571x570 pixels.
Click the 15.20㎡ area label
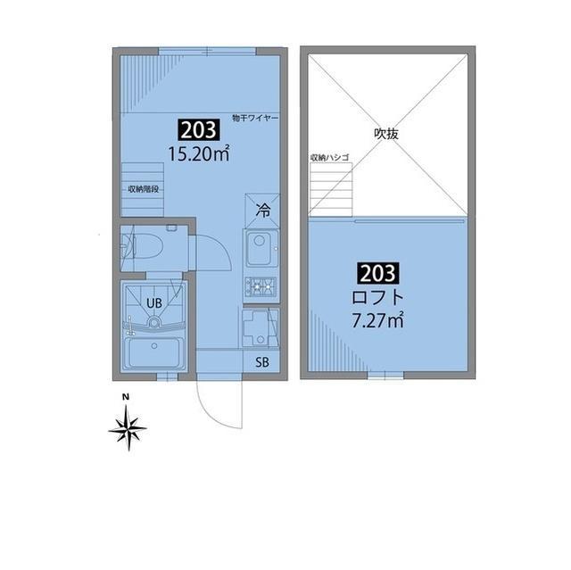point(199,153)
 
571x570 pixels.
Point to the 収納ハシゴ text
point(329,157)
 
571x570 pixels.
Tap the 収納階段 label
point(142,189)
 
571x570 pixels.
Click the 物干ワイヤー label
point(256,118)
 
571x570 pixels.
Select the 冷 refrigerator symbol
point(262,211)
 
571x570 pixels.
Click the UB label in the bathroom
point(153,303)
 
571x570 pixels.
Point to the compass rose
point(128,429)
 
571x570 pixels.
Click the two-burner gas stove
point(261,286)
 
